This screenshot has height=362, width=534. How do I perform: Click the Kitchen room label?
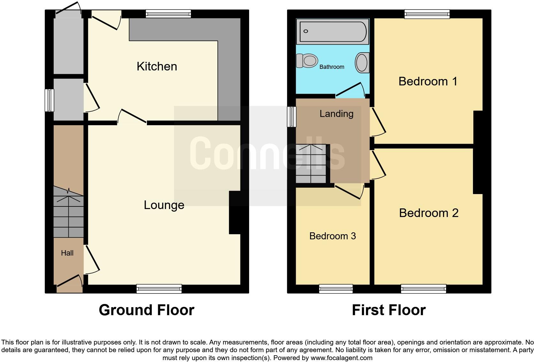pyautogui.click(x=156, y=66)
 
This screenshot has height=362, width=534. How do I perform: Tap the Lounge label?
pyautogui.click(x=164, y=205)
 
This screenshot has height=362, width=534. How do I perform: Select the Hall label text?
pyautogui.click(x=67, y=253)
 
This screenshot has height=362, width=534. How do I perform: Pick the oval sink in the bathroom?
pyautogui.click(x=362, y=62)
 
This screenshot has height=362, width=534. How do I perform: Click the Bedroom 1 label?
pyautogui.click(x=428, y=82)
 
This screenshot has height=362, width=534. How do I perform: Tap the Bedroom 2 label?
pyautogui.click(x=429, y=213)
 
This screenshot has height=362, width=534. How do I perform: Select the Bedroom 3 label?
pyautogui.click(x=332, y=236)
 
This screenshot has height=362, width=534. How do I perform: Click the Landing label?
pyautogui.click(x=336, y=114)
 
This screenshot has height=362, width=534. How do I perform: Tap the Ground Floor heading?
pyautogui.click(x=146, y=310)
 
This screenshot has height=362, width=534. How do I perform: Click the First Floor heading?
pyautogui.click(x=388, y=310)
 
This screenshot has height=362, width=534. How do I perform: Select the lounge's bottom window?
pyautogui.click(x=159, y=289)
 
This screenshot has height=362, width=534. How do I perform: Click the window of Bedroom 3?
pyautogui.click(x=336, y=289)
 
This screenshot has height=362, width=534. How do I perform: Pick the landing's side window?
pyautogui.click(x=291, y=117)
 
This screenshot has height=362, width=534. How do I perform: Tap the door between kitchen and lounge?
pyautogui.click(x=132, y=117)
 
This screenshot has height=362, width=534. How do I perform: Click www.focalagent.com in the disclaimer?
pyautogui.click(x=341, y=358)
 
